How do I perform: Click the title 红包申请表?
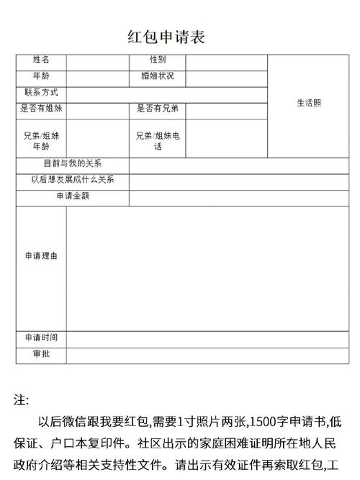point(166,37)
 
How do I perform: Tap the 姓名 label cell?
point(41,60)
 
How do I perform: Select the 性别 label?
point(158,60)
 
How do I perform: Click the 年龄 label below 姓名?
point(41,76)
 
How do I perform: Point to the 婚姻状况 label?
point(158,76)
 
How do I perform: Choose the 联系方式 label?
point(41,93)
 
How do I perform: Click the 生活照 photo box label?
point(309,103)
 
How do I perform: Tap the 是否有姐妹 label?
point(41,109)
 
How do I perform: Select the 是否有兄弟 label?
point(158,109)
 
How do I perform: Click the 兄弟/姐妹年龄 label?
point(41,140)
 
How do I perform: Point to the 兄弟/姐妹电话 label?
point(158,140)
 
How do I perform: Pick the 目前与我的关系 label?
point(73,164)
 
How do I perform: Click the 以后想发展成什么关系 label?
point(73,180)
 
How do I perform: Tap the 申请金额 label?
point(73,196)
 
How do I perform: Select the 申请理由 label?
point(41,255)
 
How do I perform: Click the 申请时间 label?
point(41,338)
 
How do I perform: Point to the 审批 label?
point(41,353)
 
